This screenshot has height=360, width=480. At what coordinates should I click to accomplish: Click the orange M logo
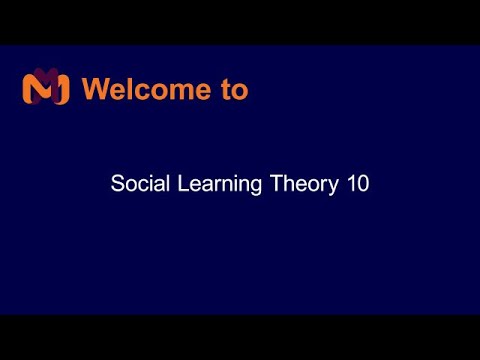45,89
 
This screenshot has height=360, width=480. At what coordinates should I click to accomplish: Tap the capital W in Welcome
96,89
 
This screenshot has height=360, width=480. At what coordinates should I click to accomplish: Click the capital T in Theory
277,184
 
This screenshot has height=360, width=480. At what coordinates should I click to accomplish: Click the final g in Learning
259,187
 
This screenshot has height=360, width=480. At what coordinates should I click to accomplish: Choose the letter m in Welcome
177,91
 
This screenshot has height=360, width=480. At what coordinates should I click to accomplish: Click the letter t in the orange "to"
224,89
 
